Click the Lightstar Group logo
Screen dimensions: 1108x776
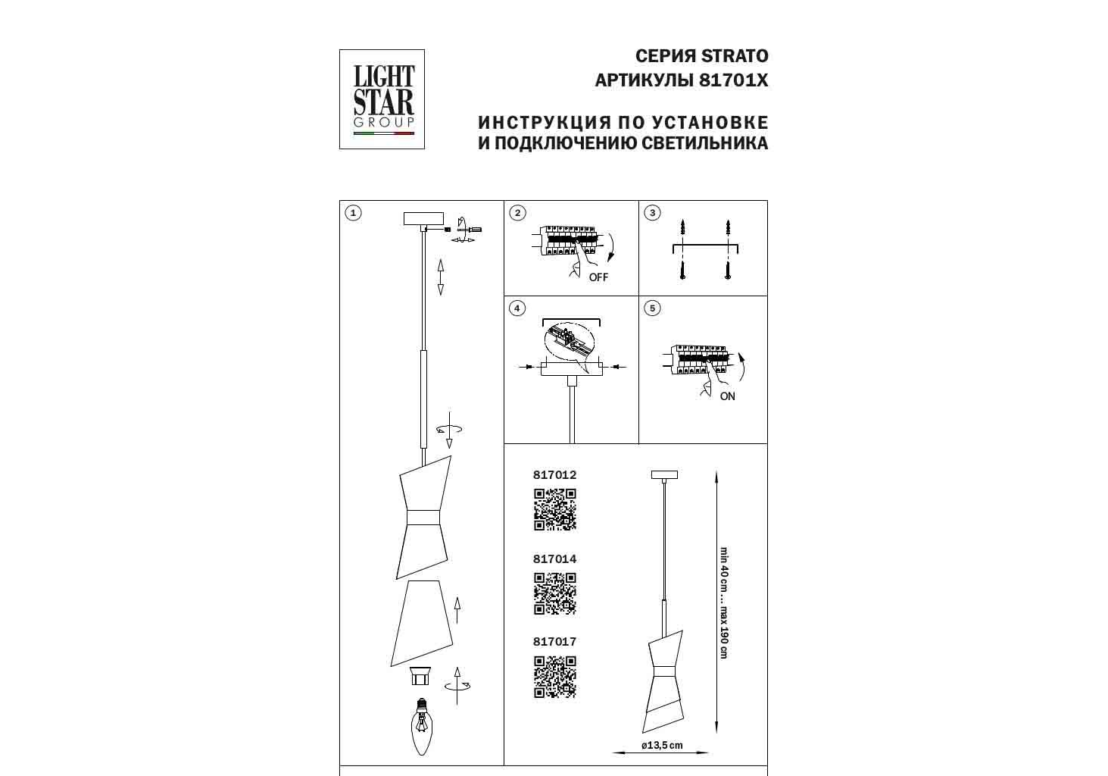(382, 99)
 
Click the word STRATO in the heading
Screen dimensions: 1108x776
(735, 56)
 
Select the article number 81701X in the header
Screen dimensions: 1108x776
(734, 80)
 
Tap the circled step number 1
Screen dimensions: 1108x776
(353, 213)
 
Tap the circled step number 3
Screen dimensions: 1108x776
(652, 213)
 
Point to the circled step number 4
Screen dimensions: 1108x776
(517, 308)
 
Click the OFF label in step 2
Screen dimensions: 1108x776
(598, 277)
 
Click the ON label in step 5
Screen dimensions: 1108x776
(727, 396)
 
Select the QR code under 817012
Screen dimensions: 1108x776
(555, 510)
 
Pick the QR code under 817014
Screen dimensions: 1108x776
(555, 594)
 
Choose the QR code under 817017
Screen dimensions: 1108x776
(555, 677)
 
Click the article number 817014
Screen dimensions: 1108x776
(554, 559)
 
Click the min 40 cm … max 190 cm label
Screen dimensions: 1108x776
(724, 602)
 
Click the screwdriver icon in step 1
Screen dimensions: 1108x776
(470, 229)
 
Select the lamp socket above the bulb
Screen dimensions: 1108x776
(420, 675)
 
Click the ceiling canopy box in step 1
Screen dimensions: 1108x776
(423, 218)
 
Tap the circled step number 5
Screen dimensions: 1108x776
(652, 308)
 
